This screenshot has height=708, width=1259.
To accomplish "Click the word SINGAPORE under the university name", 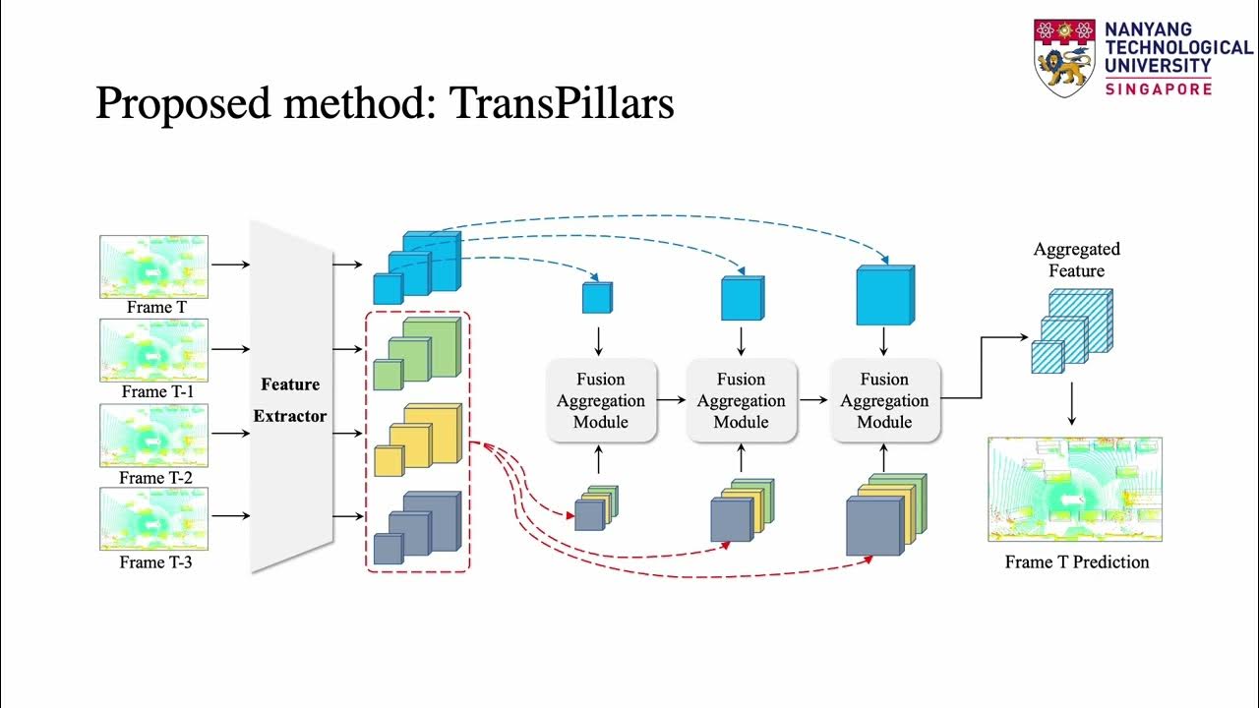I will click(1158, 88).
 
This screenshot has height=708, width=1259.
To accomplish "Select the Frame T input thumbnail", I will click(153, 265).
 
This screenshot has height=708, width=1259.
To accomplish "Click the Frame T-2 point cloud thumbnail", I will click(153, 436).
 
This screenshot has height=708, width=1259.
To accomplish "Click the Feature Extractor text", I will click(289, 399).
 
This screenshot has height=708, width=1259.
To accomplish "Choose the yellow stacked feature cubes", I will click(416, 441).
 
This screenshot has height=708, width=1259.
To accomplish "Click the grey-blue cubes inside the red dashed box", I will click(416, 527).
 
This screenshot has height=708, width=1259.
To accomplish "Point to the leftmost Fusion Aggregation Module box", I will click(600, 400).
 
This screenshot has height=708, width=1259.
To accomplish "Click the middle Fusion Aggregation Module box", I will click(741, 400).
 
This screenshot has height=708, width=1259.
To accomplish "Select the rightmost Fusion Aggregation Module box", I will click(884, 400).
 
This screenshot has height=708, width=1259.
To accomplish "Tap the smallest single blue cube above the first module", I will click(597, 297).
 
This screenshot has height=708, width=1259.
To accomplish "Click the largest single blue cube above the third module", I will click(884, 294).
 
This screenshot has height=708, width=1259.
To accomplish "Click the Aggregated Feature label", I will click(1076, 260).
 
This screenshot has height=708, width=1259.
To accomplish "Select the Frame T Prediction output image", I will click(1075, 490).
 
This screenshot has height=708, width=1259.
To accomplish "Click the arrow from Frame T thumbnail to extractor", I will click(230, 265).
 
